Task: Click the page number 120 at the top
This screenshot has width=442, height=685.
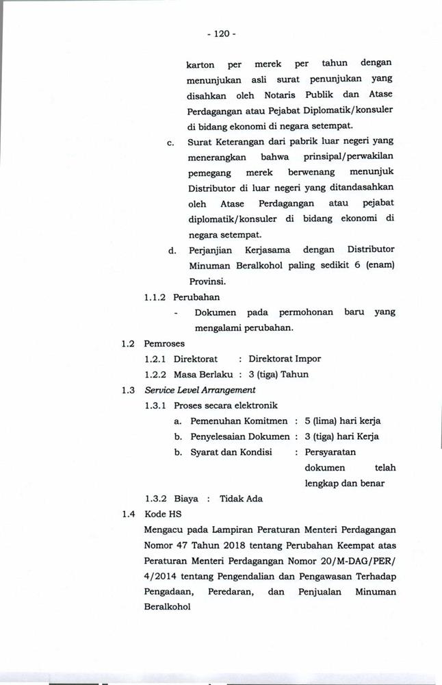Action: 220,33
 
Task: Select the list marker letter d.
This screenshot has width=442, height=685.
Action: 172,250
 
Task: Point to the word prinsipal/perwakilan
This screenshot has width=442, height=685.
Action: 350,157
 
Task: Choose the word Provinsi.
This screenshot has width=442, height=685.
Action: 206,282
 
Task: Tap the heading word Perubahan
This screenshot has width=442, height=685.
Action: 197,297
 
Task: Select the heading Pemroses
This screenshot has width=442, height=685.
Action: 164,343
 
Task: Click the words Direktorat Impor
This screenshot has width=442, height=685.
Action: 285,359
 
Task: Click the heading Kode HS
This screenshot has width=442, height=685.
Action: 162,514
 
